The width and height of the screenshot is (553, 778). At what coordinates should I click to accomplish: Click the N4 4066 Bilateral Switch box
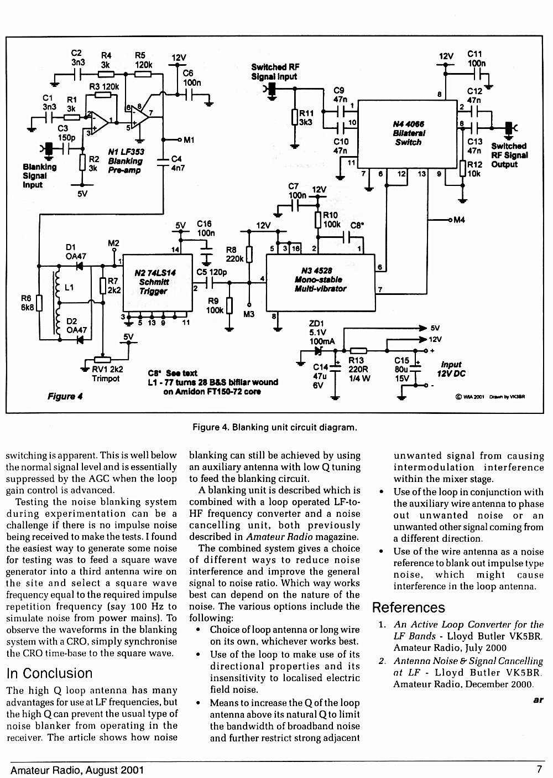(407, 134)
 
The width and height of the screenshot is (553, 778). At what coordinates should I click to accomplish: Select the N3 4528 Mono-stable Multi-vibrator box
(320, 283)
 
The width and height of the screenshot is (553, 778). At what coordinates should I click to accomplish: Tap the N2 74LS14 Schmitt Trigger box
(158, 283)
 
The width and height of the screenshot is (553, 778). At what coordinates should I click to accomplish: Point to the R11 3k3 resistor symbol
(295, 117)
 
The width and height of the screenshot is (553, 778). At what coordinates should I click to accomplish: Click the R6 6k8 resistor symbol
(39, 303)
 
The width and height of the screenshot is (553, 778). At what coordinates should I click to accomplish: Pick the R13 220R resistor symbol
(358, 351)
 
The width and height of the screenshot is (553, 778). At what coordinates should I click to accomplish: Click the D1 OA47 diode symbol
(80, 266)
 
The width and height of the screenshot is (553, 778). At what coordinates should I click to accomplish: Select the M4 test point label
(459, 220)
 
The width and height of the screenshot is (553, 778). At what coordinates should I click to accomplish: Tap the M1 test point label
(189, 140)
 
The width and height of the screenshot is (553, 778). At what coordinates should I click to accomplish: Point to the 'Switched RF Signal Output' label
(509, 155)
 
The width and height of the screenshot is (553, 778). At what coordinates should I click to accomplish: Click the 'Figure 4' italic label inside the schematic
(65, 396)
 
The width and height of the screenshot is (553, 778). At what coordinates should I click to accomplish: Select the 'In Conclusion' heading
(49, 673)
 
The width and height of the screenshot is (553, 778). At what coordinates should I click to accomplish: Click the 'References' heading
(408, 608)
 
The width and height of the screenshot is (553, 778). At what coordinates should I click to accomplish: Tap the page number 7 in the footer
(539, 769)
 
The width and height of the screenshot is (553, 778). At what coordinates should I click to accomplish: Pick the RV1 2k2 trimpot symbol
(103, 360)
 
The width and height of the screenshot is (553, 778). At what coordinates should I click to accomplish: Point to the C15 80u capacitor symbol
(415, 369)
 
